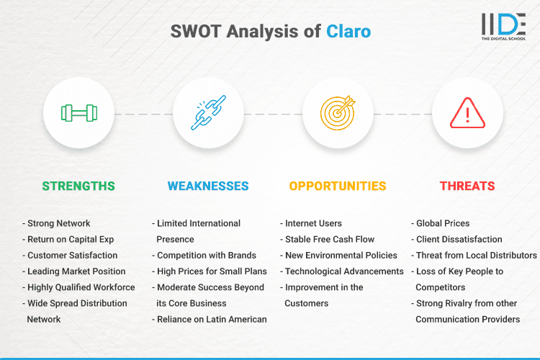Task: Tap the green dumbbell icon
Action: click(78, 113)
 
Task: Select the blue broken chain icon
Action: click(208, 113)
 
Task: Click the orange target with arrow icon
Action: click(338, 113)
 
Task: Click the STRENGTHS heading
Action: click(78, 186)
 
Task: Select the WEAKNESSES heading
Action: click(208, 186)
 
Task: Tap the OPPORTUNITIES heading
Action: click(338, 186)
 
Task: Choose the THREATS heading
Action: click(467, 186)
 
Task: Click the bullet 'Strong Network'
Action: click(58, 223)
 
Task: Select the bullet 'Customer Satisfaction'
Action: click(71, 255)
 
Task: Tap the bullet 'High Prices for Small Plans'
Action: click(211, 271)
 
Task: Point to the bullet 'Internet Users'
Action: click(313, 223)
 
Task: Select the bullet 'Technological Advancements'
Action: click(343, 271)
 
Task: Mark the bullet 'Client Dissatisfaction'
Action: click(459, 239)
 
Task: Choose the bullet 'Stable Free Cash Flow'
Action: click(330, 239)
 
